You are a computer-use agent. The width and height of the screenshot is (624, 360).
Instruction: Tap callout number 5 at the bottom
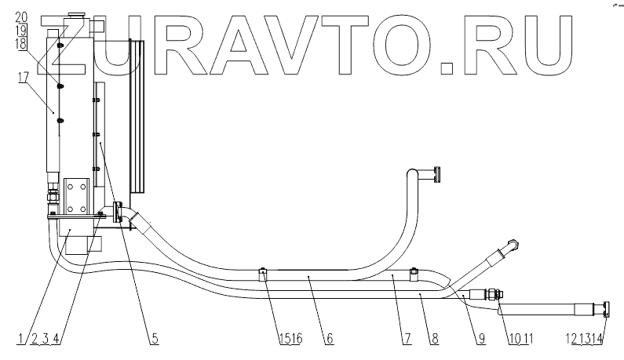click(155, 338)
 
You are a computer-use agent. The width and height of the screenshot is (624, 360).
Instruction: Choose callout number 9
click(480, 338)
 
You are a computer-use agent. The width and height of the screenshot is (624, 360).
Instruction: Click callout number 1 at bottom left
click(18, 338)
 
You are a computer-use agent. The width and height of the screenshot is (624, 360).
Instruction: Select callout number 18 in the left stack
click(20, 45)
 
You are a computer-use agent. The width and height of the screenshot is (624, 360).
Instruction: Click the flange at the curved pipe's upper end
click(437, 174)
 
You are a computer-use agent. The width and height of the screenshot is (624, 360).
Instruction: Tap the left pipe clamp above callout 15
click(264, 275)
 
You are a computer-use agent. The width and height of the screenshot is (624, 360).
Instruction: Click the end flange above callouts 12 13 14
click(607, 308)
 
